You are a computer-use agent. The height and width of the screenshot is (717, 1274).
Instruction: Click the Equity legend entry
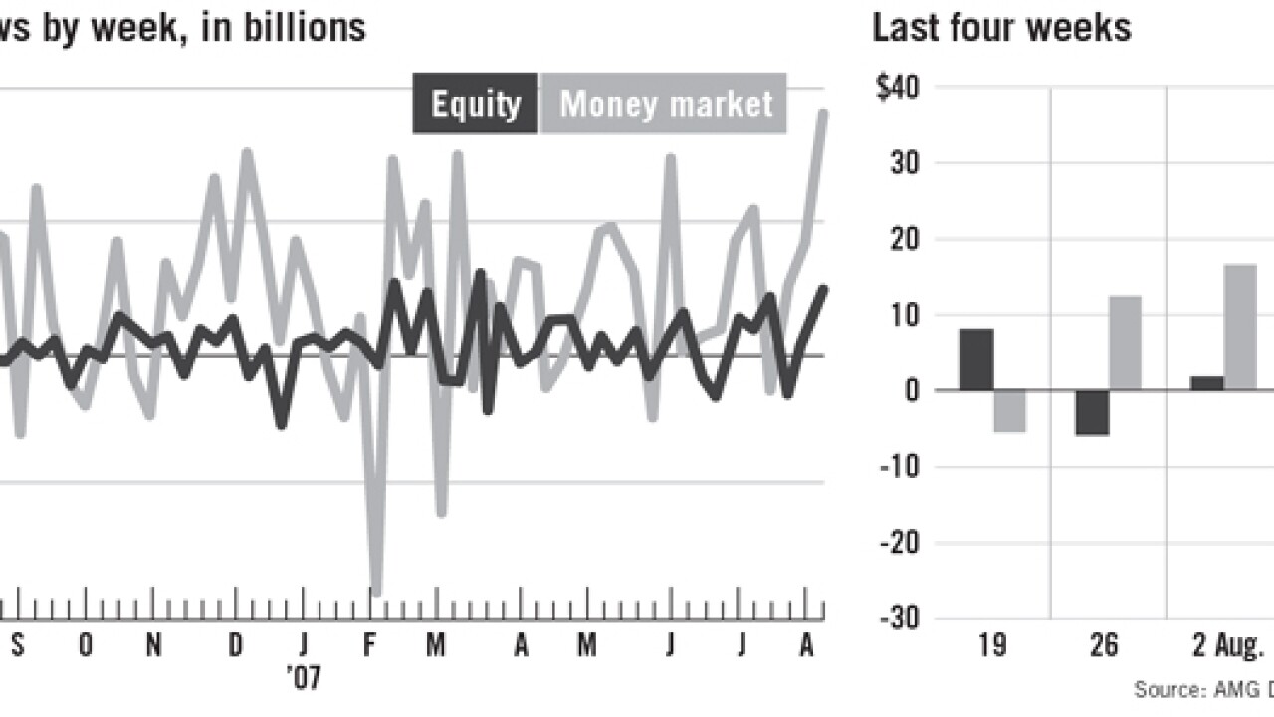476,104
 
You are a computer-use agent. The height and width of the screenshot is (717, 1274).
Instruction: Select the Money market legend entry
665,104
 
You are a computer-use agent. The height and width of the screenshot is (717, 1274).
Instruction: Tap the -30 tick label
899,619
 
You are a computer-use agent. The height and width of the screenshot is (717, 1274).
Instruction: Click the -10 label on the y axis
899,467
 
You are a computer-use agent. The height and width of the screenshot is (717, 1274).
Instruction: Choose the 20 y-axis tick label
904,239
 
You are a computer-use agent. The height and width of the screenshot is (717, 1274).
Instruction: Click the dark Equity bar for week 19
976,359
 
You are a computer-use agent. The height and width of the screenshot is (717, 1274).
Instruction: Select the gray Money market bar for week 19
1009,410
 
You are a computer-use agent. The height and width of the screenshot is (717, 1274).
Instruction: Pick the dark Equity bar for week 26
1092,412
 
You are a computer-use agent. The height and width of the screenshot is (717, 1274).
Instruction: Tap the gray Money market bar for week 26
1125,343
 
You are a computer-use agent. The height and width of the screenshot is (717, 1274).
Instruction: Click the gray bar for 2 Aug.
1240,327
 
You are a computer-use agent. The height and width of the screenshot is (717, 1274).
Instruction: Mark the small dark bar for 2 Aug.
1206,383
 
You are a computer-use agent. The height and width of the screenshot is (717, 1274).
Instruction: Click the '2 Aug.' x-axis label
1226,647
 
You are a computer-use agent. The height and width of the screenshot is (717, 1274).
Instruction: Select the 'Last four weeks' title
1001,27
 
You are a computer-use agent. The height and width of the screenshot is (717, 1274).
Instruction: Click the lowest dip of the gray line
375,590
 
